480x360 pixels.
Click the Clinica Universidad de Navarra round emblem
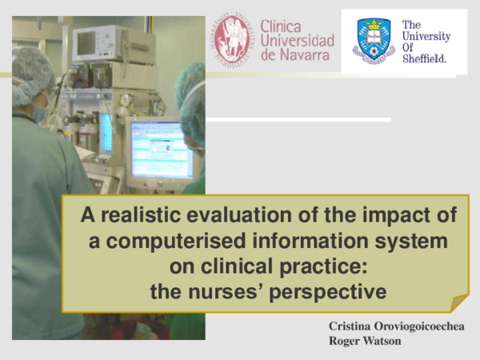pyautogui.click(x=234, y=40)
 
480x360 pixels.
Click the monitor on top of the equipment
pyautogui.click(x=101, y=43)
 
